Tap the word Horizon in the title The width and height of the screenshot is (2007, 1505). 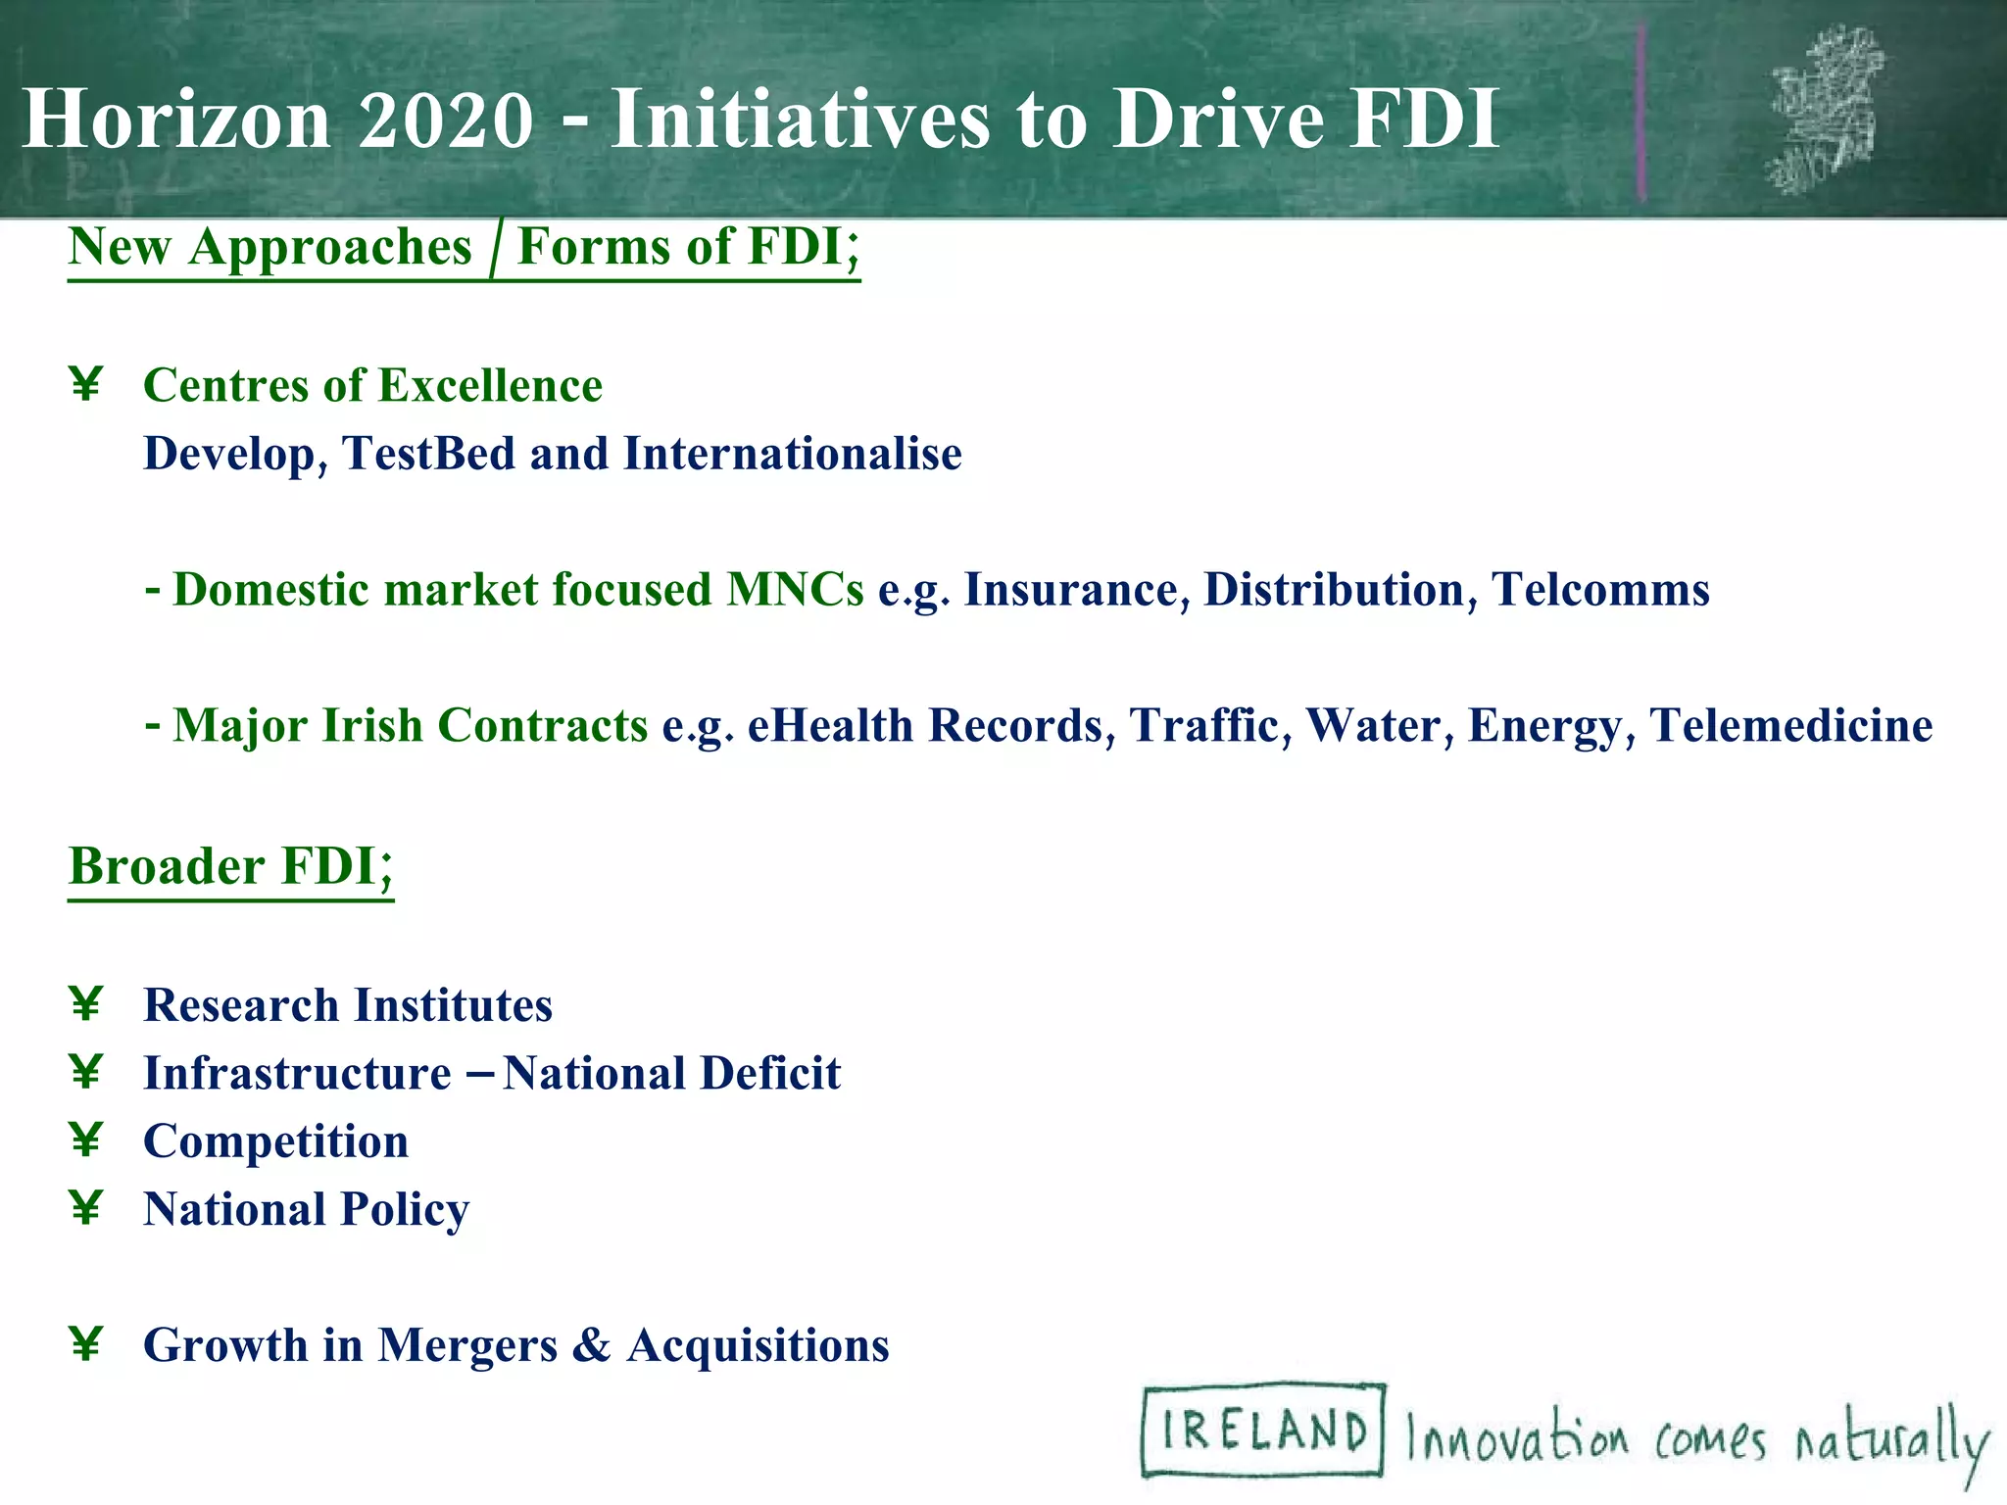coord(176,120)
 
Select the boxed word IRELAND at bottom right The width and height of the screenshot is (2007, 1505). coord(1263,1431)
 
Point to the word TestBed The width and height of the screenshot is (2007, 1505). coord(428,454)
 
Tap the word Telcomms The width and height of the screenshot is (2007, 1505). coord(1600,590)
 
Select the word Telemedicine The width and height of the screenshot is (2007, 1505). coord(1790,726)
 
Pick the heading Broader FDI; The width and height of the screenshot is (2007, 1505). coord(231,866)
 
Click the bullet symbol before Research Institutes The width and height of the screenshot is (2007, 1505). coord(86,1004)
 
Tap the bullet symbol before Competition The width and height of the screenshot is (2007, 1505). coord(86,1141)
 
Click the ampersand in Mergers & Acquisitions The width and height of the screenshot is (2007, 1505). coord(590,1345)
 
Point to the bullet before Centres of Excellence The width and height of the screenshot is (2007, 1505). coord(86,384)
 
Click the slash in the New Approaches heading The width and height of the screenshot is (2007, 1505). coord(494,248)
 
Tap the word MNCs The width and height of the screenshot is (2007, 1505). coord(795,590)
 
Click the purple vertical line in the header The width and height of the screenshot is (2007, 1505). coord(1641,113)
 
